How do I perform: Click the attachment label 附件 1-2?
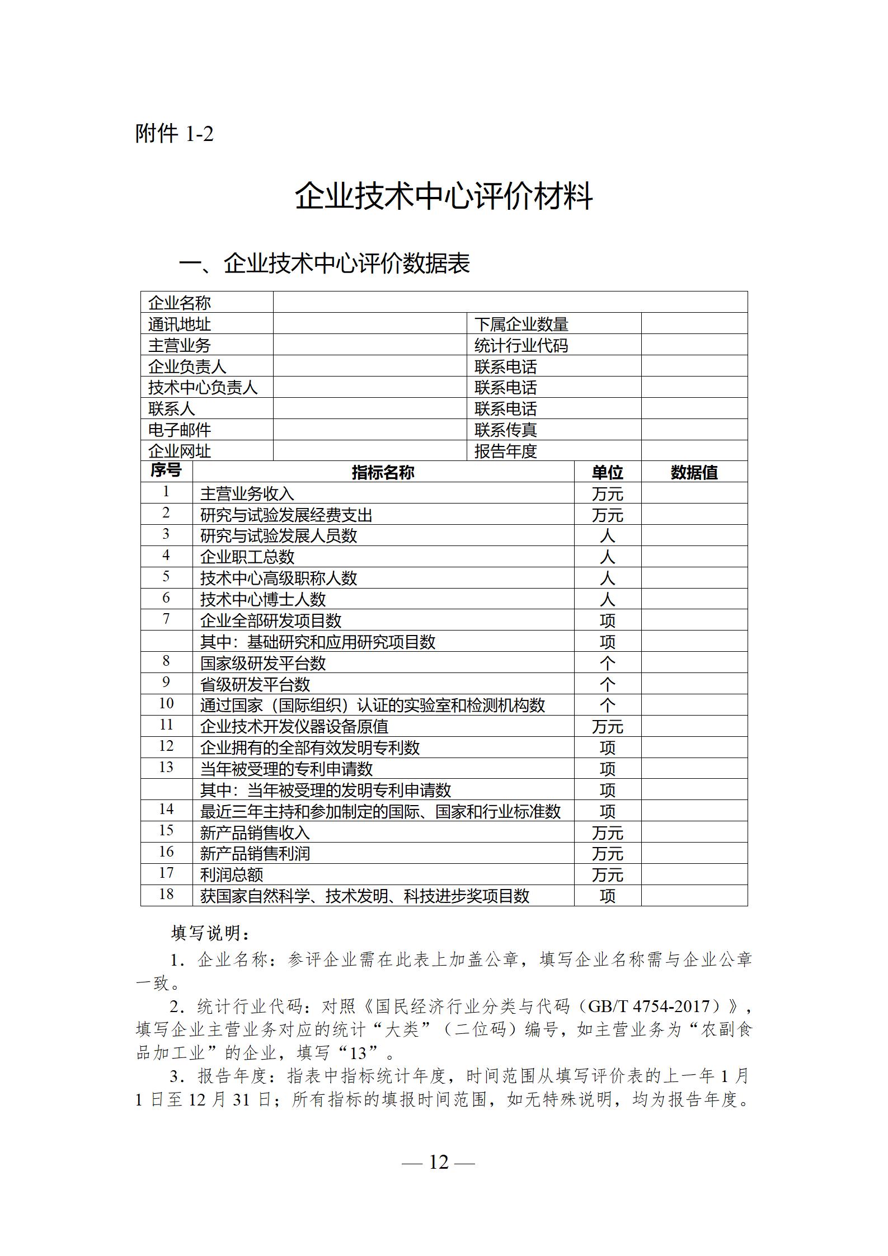pyautogui.click(x=175, y=134)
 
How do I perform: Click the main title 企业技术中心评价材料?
pyautogui.click(x=444, y=196)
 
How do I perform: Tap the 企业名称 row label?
pyautogui.click(x=180, y=303)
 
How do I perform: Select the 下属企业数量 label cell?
pyautogui.click(x=521, y=324)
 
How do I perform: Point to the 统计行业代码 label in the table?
pyautogui.click(x=521, y=345)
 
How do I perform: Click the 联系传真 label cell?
pyautogui.click(x=505, y=430)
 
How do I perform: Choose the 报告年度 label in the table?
pyautogui.click(x=505, y=451)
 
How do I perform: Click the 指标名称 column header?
pyautogui.click(x=383, y=472)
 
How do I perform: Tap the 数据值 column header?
pyautogui.click(x=694, y=472)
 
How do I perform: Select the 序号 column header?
pyautogui.click(x=166, y=471)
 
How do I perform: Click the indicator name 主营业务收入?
pyautogui.click(x=247, y=493)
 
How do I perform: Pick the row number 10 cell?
pyautogui.click(x=166, y=703)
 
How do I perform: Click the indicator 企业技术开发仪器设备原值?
pyautogui.click(x=294, y=726)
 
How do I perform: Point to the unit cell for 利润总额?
pyautogui.click(x=607, y=874)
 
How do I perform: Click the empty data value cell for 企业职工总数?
pyautogui.click(x=694, y=557)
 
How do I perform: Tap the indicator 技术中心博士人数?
pyautogui.click(x=262, y=599)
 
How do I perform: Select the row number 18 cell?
pyautogui.click(x=166, y=894)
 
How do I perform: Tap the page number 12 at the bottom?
pyautogui.click(x=439, y=1162)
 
